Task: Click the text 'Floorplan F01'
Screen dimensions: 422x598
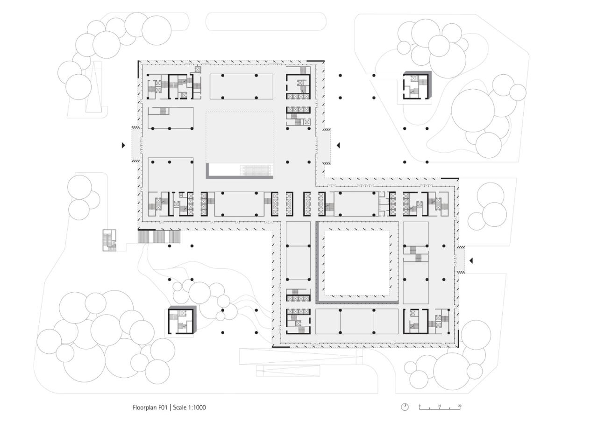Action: [150, 408]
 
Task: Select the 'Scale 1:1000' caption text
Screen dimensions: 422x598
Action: [189, 408]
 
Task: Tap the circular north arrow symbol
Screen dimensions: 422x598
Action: [405, 407]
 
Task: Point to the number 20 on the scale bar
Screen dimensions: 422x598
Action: [460, 406]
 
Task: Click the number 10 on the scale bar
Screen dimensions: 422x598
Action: [440, 406]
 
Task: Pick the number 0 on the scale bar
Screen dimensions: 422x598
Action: [420, 406]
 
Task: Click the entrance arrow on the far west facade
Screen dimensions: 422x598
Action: [123, 145]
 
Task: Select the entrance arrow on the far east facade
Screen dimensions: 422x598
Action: [471, 260]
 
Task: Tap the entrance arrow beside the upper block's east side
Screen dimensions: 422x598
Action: [338, 145]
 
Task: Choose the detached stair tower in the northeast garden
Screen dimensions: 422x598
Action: [417, 86]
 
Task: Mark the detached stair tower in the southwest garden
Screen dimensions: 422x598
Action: [181, 321]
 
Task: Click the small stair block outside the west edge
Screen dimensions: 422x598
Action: [109, 240]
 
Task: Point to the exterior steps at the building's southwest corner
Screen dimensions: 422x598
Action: [159, 237]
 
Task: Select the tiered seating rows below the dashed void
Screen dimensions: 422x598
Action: [256, 170]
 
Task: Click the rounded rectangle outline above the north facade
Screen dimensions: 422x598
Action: [266, 21]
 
